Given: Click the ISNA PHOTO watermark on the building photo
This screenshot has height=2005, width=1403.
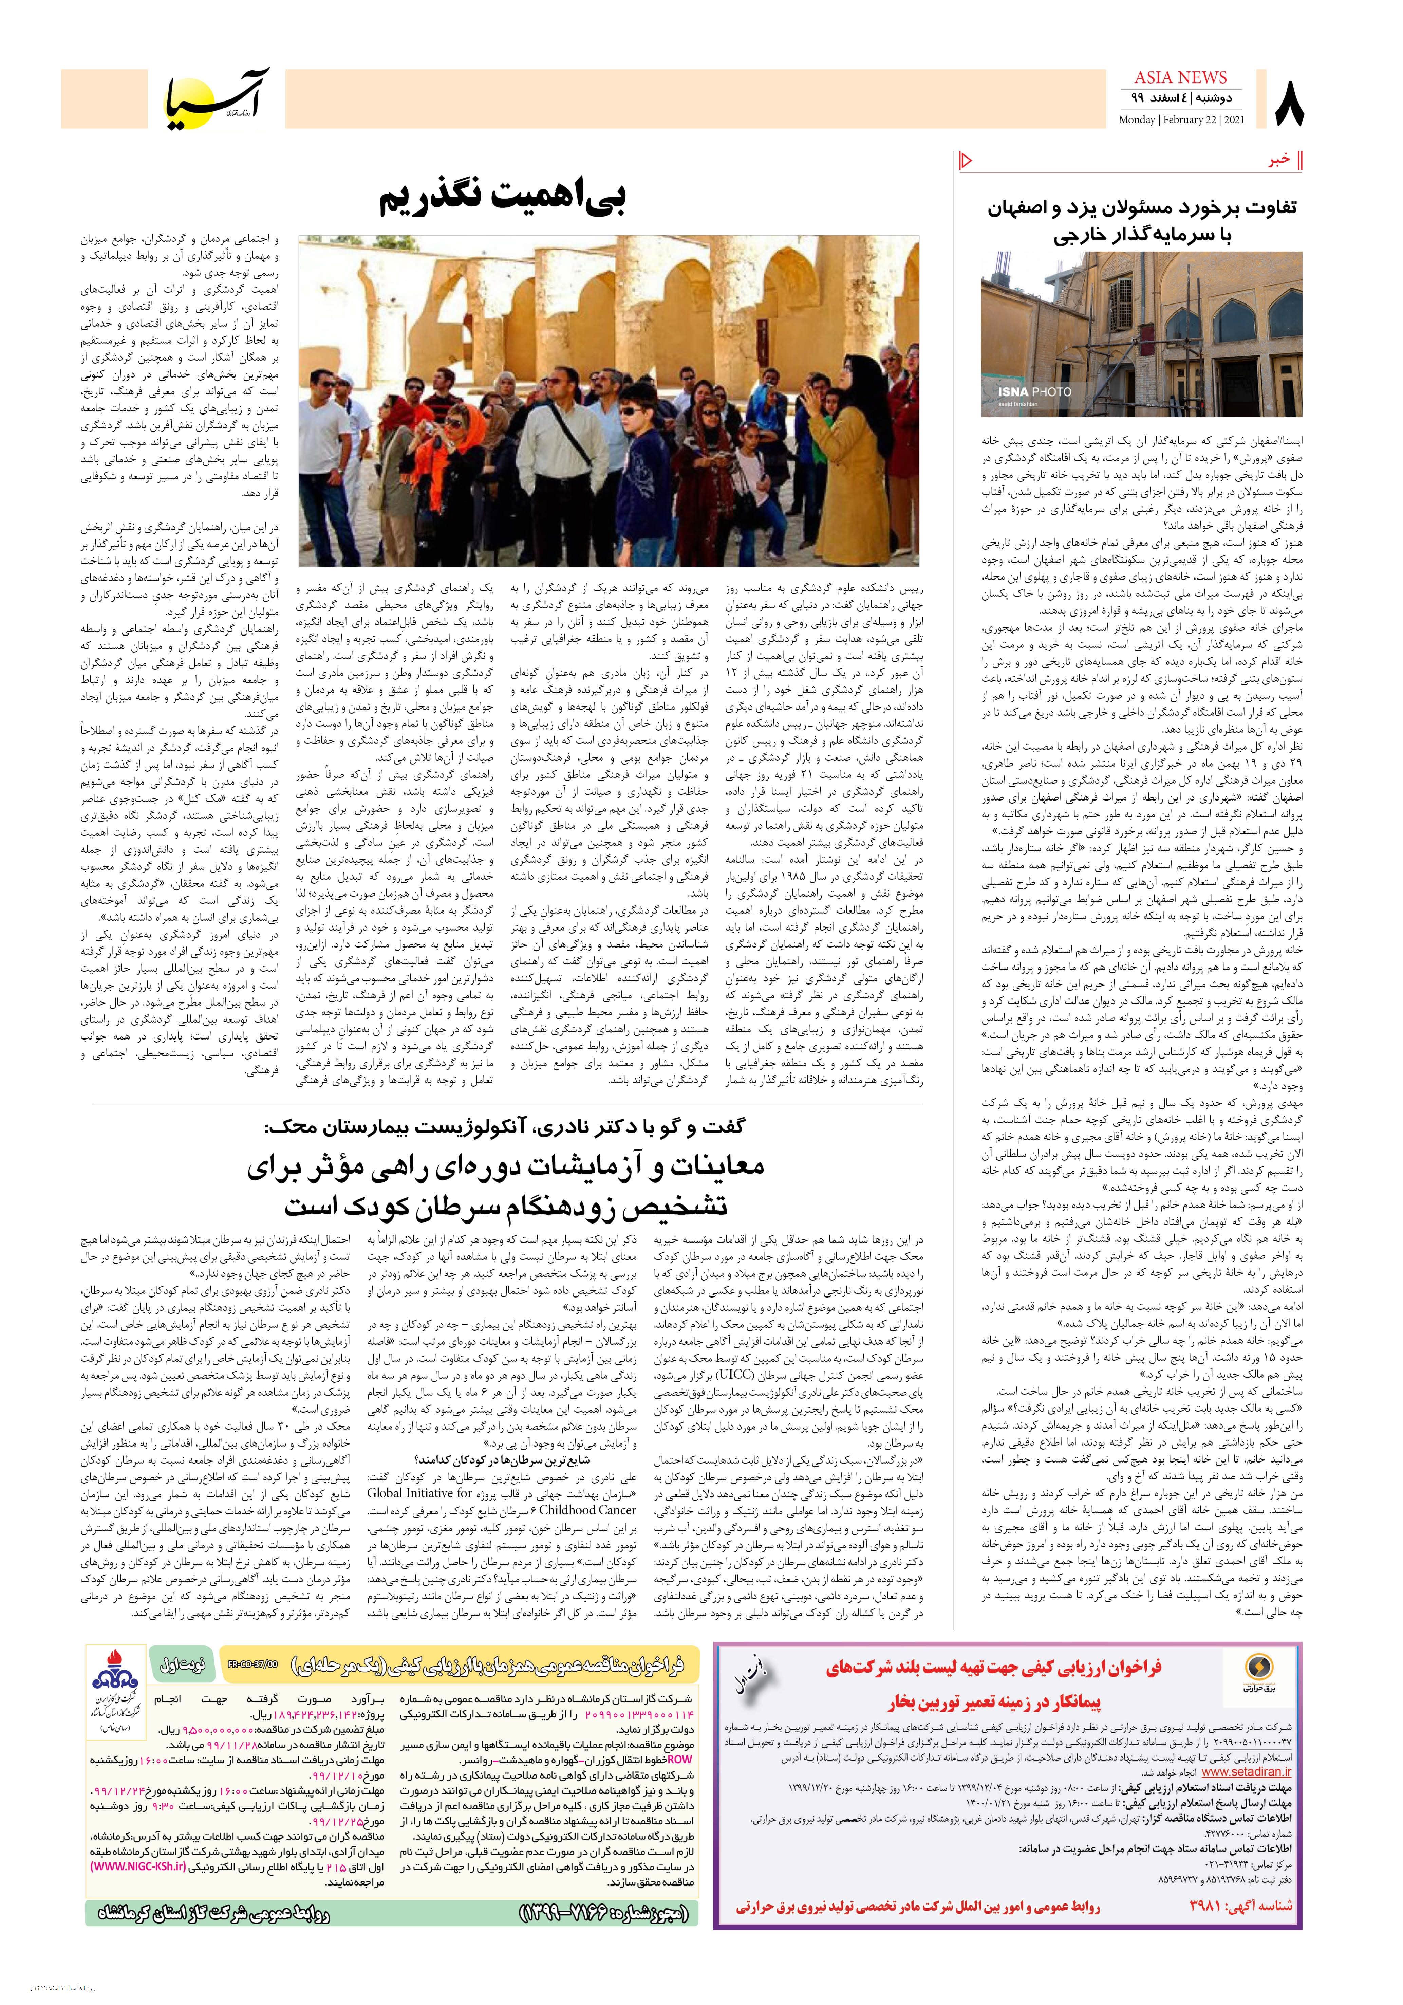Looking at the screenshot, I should click(1034, 391).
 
